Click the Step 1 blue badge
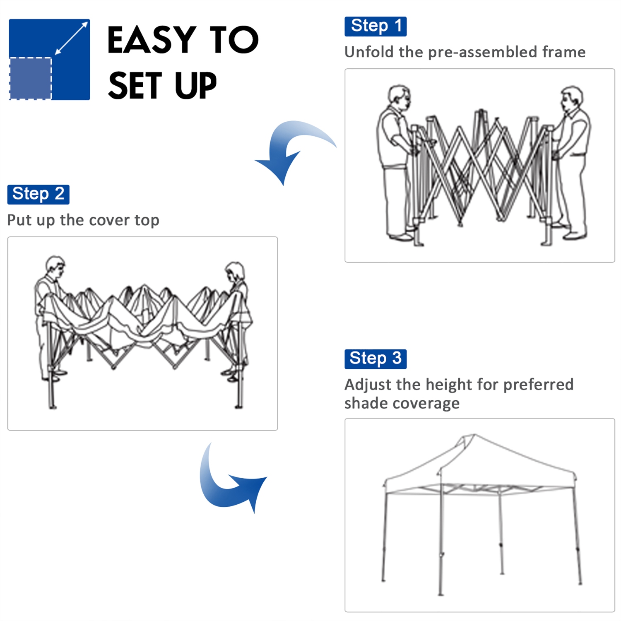click(375, 26)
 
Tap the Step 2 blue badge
click(38, 194)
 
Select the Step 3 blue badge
click(375, 359)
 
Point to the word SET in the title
click(135, 86)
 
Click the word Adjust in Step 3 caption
click(368, 385)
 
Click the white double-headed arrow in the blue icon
click(71, 38)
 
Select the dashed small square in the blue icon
click(31, 78)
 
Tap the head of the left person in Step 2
click(55, 267)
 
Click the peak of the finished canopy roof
click(474, 436)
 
